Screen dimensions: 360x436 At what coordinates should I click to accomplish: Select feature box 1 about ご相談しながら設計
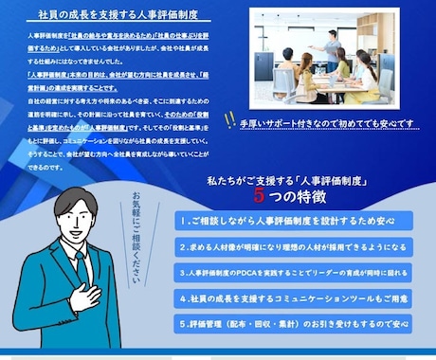pyautogui.click(x=296, y=220)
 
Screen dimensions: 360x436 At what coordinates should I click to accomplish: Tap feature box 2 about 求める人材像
pyautogui.click(x=296, y=246)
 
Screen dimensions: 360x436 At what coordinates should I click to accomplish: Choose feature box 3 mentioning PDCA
pyautogui.click(x=296, y=272)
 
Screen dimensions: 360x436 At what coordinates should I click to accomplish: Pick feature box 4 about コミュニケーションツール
pyautogui.click(x=296, y=297)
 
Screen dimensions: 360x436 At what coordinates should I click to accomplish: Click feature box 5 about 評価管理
pyautogui.click(x=296, y=323)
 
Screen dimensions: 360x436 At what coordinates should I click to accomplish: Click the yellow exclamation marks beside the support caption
pyautogui.click(x=228, y=119)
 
